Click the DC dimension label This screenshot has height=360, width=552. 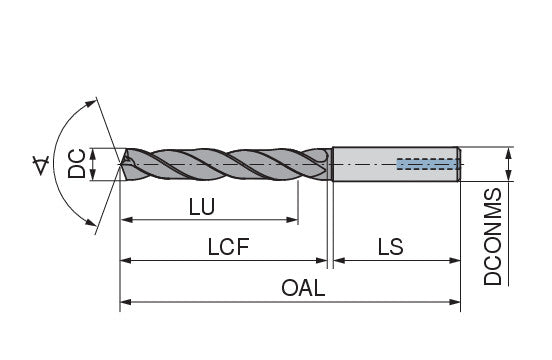coord(76,163)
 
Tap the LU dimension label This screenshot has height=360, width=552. coord(202,207)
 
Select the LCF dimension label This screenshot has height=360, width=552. coord(228,247)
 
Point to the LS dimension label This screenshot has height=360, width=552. coord(390,247)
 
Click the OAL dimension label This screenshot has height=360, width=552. coord(303,288)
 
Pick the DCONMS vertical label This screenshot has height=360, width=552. coord(493,236)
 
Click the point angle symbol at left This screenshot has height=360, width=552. coord(41,166)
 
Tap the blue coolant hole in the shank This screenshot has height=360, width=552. coord(428,164)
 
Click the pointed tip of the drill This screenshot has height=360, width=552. coord(121,164)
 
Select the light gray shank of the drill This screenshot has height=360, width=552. coord(396,164)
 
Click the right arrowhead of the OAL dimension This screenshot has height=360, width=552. coord(455,302)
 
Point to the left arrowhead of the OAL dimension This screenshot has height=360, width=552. coord(126,302)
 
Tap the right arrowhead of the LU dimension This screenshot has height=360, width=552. coord(293,220)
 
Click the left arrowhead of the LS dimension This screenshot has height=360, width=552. coord(339,260)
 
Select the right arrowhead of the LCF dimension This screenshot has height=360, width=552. coord(322,260)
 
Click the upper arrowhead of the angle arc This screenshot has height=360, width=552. coord(91,103)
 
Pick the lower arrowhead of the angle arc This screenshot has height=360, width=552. coord(91,222)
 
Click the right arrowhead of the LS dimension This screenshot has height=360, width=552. coord(455,260)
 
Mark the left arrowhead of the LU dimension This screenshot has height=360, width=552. coord(126,220)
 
